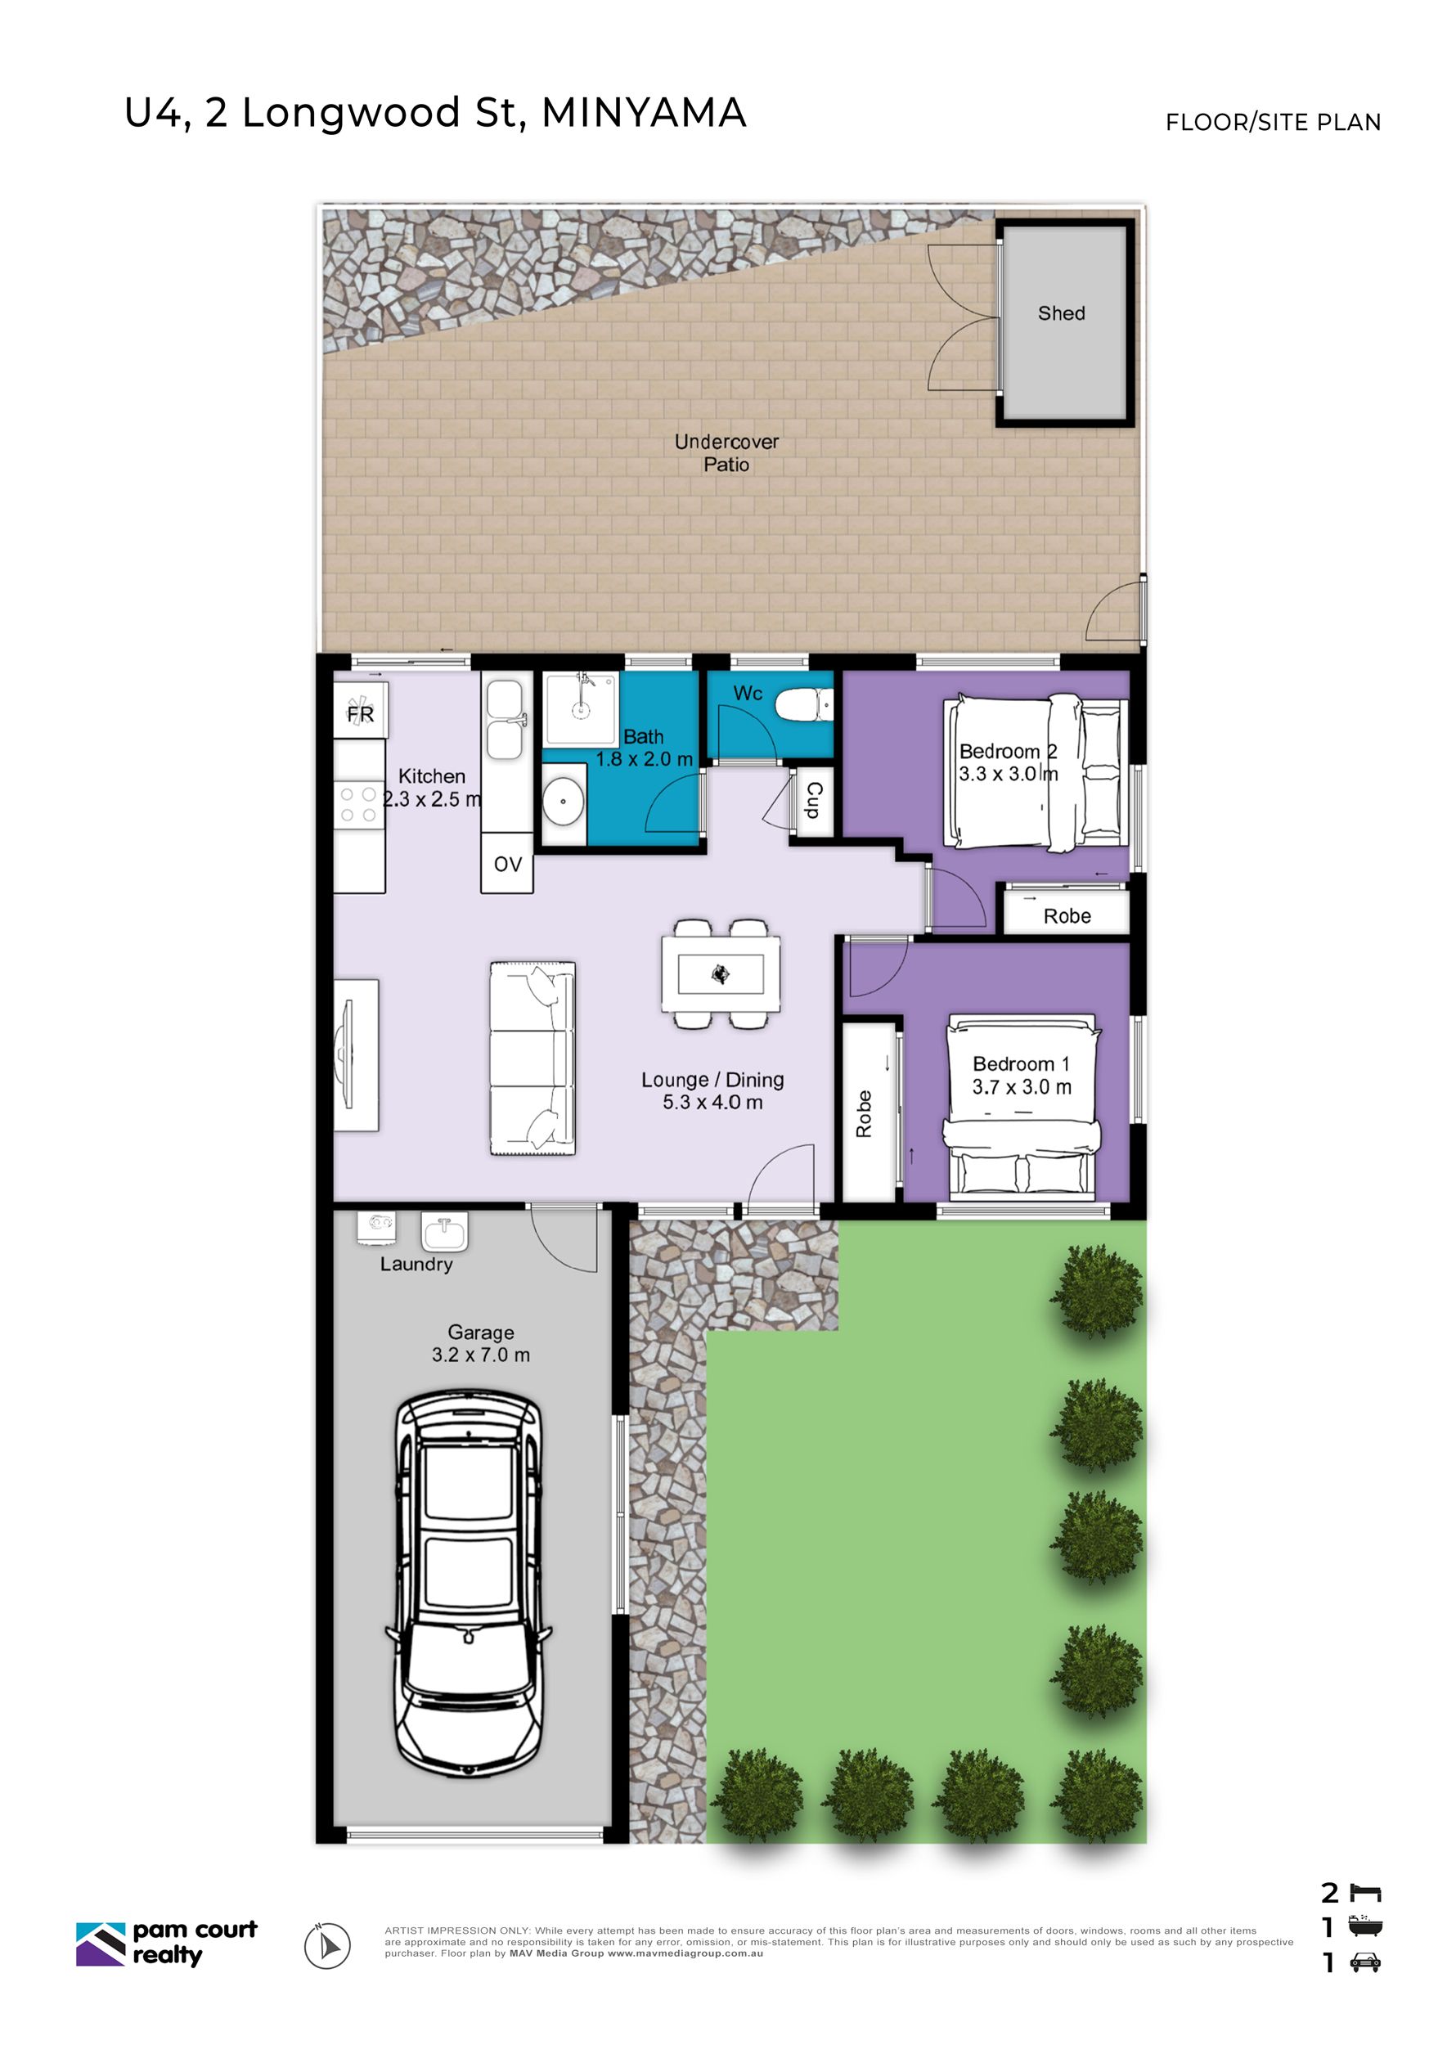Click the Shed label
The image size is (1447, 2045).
point(1061,312)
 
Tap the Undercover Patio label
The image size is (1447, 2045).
point(726,452)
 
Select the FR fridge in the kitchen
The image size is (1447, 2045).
point(360,710)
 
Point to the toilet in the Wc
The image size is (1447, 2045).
point(804,705)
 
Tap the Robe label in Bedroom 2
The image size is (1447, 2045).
point(1067,916)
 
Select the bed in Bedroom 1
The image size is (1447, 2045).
point(1022,1103)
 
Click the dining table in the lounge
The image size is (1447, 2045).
point(721,974)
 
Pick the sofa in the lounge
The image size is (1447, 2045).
point(532,1058)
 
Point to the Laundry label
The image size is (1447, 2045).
point(416,1264)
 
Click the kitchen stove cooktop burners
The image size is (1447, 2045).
point(358,804)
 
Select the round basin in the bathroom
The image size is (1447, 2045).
point(563,801)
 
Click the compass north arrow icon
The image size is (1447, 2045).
point(328,1946)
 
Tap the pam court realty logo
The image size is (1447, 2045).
point(167,1942)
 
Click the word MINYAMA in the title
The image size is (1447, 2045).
point(645,113)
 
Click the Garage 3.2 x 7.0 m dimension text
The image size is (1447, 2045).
point(481,1344)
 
